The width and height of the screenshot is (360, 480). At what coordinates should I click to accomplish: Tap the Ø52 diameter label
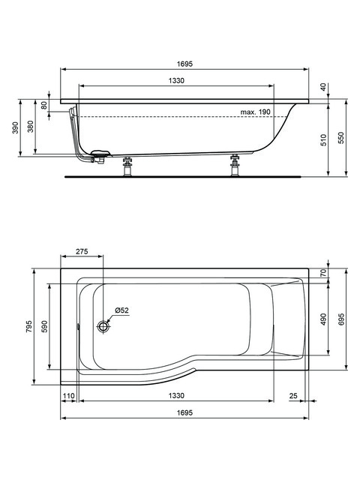[x=121, y=310]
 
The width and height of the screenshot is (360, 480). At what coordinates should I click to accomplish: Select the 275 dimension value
[x=82, y=251]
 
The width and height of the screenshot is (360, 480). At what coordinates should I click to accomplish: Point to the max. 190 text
[x=255, y=112]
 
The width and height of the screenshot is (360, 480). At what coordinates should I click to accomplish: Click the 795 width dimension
[x=28, y=327]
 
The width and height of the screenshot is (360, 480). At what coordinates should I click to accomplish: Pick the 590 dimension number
[x=45, y=327]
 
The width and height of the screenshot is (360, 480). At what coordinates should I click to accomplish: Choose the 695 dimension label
[x=341, y=319]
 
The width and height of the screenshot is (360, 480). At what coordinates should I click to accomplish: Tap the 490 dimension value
[x=324, y=319]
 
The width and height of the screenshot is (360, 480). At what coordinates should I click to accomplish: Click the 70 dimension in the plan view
[x=324, y=272]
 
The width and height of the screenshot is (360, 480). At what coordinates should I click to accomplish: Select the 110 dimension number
[x=68, y=396]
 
